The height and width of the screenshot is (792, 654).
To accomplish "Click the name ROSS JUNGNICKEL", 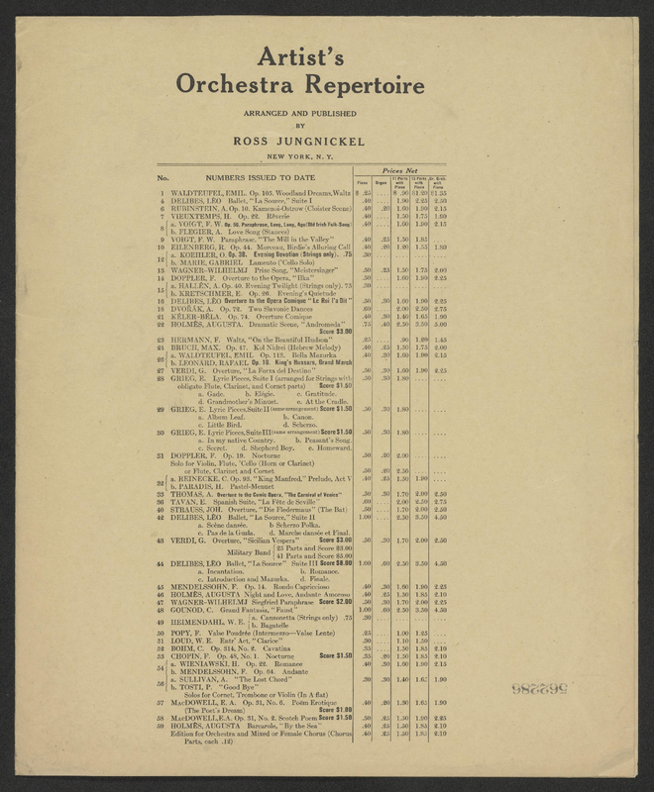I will coord(326,142).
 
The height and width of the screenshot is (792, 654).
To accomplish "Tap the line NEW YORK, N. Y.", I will coord(326,158).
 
